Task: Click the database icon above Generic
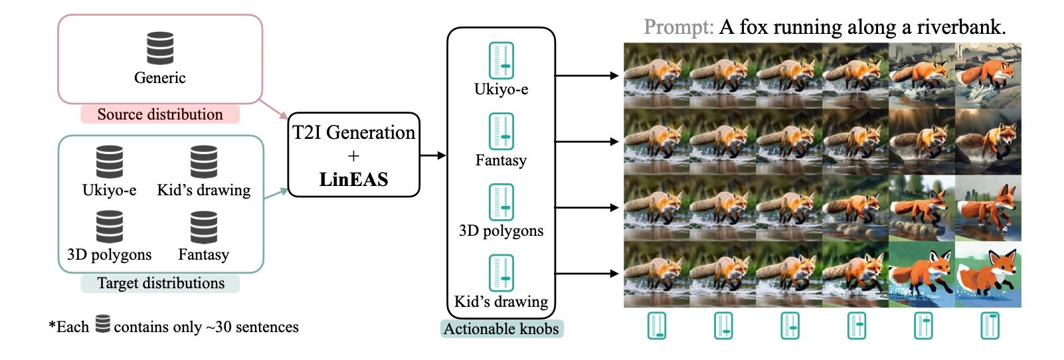160,48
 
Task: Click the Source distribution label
160,114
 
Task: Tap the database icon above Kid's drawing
204,161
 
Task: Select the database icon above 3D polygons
110,226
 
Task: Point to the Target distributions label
160,284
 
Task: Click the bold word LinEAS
353,179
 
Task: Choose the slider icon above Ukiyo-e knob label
501,61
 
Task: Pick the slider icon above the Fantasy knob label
501,132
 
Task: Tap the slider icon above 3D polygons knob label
501,202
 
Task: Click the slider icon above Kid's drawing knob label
501,273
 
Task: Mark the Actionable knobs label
501,329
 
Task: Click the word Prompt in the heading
678,27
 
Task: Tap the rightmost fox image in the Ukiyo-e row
988,76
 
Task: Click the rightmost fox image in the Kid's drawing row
988,274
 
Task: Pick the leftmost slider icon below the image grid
657,326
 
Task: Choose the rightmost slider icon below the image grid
990,326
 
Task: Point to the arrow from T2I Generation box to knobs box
433,155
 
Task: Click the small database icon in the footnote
102,325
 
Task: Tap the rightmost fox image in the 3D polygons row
988,208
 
